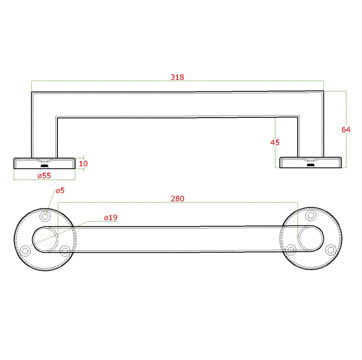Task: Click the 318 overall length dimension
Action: point(177,77)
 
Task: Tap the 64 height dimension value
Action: point(346,130)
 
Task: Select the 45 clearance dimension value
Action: point(275,142)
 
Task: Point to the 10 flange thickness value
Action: point(83,163)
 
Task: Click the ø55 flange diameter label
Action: point(44,175)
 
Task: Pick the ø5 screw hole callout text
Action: point(60,191)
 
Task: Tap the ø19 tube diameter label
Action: point(110,218)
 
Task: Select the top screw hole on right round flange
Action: point(310,215)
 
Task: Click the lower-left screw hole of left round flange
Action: point(26,250)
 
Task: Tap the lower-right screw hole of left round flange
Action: point(65,250)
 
